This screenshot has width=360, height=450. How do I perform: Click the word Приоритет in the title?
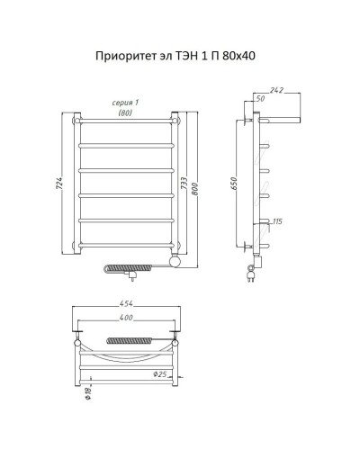[123, 57]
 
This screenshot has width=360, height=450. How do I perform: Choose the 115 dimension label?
[278, 222]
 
